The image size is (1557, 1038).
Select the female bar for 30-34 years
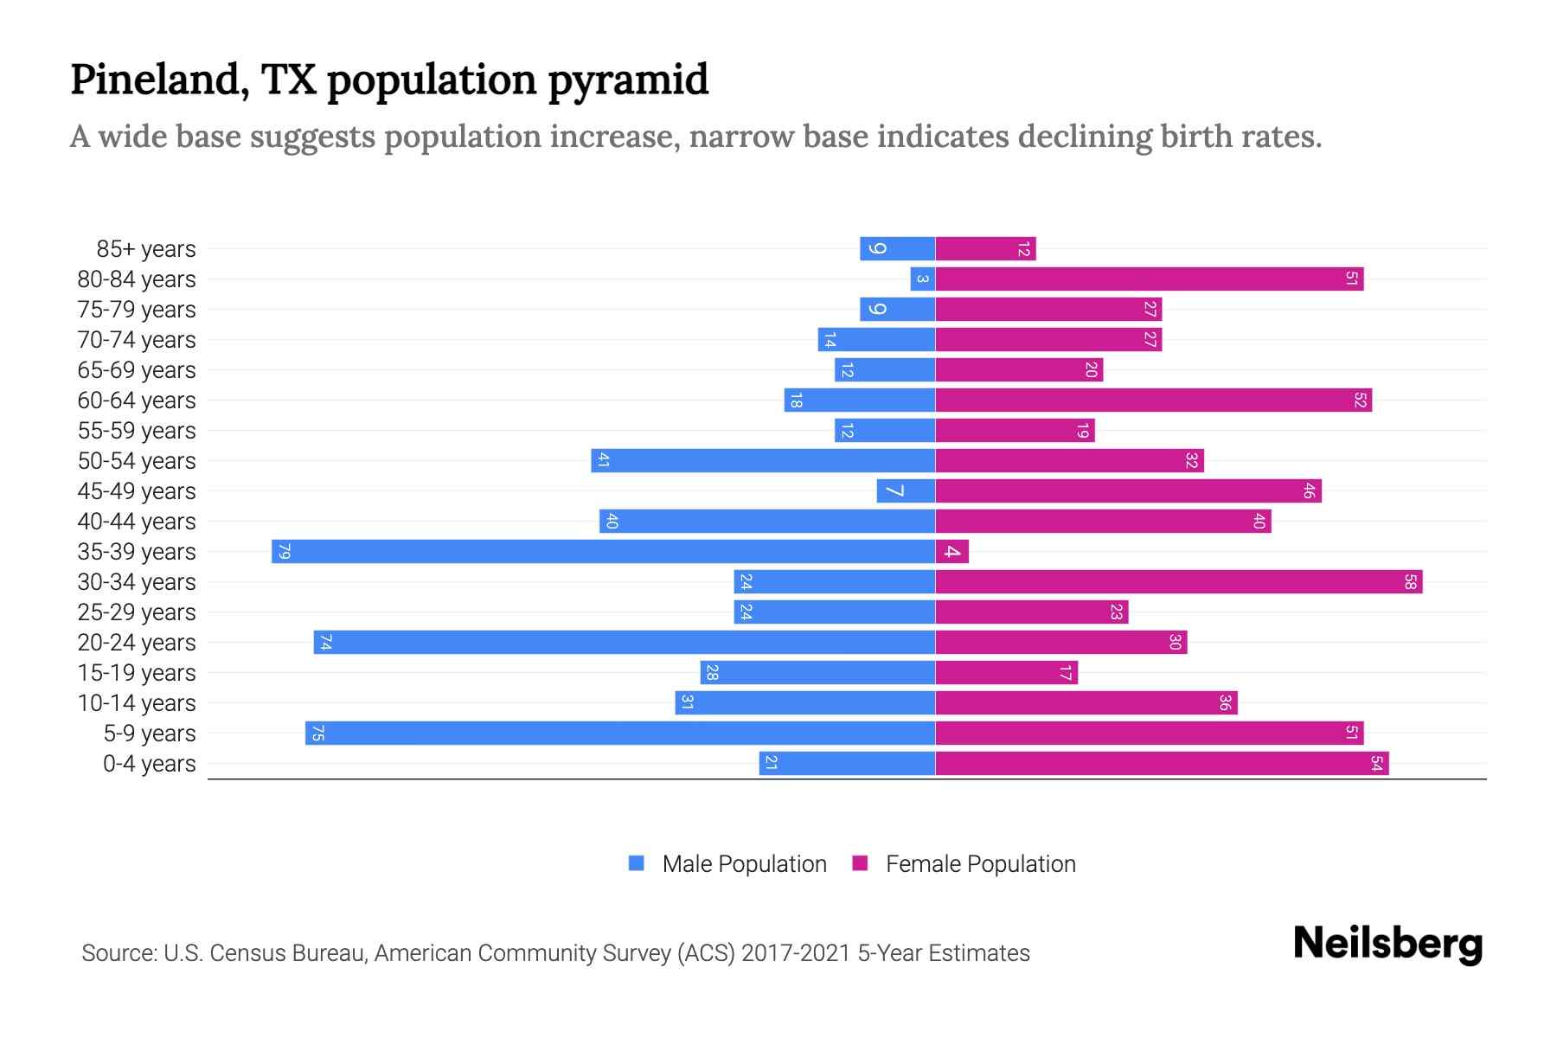(1178, 581)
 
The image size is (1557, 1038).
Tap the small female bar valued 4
(951, 551)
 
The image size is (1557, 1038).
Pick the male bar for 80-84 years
(922, 279)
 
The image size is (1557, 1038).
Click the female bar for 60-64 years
(1153, 400)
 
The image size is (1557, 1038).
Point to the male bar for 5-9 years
(619, 733)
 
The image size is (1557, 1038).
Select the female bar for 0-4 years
(1162, 763)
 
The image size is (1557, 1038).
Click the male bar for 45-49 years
(906, 490)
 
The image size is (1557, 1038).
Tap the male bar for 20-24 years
(624, 642)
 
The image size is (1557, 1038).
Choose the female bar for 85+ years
(985, 248)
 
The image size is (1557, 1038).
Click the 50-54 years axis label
(137, 461)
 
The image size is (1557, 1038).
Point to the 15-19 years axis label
(137, 673)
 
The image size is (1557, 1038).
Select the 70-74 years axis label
(137, 340)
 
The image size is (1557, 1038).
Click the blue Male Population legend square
(637, 863)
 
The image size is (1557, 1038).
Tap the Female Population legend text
(980, 864)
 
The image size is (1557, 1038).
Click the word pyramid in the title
(628, 80)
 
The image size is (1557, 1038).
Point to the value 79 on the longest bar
(284, 551)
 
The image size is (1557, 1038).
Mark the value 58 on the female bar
(1410, 581)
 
